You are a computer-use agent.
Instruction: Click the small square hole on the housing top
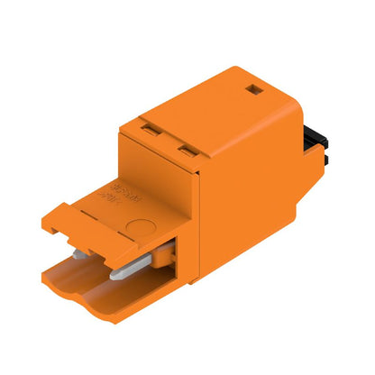(253, 90)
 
